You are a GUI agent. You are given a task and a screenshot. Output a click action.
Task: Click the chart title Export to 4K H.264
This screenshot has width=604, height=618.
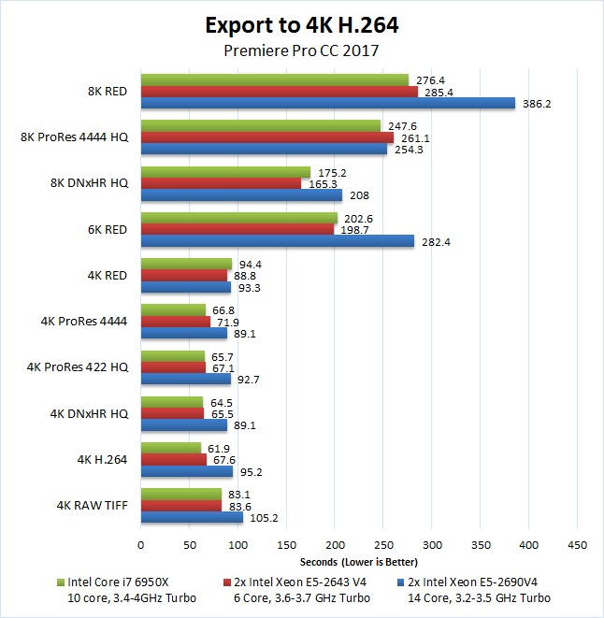pyautogui.click(x=301, y=22)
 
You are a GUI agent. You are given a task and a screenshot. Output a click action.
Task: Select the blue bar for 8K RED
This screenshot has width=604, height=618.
pyautogui.click(x=327, y=104)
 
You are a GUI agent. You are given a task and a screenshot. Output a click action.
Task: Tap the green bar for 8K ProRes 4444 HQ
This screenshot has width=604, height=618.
pyautogui.click(x=260, y=125)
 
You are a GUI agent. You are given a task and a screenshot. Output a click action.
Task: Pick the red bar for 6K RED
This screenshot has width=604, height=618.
pyautogui.click(x=237, y=229)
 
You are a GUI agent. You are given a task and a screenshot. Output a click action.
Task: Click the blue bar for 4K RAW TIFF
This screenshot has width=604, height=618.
pyautogui.click(x=192, y=517)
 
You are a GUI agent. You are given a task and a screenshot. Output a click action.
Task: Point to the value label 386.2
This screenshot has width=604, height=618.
pyautogui.click(x=537, y=104)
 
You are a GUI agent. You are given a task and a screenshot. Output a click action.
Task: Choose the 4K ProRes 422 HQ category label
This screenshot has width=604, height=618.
pyautogui.click(x=84, y=366)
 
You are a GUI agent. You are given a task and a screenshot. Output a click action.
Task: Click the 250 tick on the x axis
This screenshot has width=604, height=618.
pyautogui.click(x=383, y=544)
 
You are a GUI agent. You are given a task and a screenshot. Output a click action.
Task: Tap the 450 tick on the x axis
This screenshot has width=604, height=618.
pyautogui.click(x=578, y=544)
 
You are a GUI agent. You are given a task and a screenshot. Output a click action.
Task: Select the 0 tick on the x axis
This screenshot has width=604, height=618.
pyautogui.click(x=140, y=544)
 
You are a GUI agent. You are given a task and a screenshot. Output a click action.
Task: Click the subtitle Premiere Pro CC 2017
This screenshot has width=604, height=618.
pyautogui.click(x=301, y=51)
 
